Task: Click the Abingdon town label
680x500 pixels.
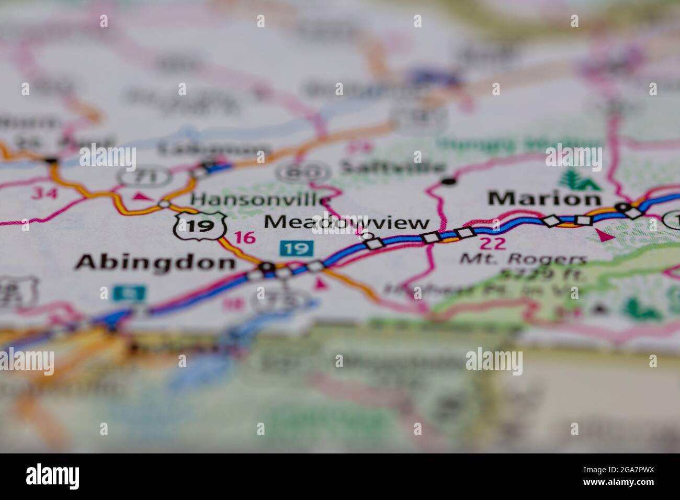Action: pyautogui.click(x=155, y=262)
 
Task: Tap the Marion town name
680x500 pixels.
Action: pyautogui.click(x=544, y=198)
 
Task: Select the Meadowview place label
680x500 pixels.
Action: pyautogui.click(x=346, y=222)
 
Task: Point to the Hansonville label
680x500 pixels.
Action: pyautogui.click(x=260, y=199)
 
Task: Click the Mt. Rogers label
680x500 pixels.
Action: pyautogui.click(x=523, y=258)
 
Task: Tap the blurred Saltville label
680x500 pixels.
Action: pyautogui.click(x=393, y=167)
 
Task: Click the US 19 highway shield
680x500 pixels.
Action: pyautogui.click(x=200, y=225)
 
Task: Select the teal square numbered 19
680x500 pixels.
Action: pyautogui.click(x=297, y=248)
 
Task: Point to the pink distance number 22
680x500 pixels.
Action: pyautogui.click(x=492, y=243)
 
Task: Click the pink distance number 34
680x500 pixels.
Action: pyautogui.click(x=43, y=193)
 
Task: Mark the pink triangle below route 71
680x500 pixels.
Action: pyautogui.click(x=140, y=196)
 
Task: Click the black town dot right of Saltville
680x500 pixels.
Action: pyautogui.click(x=448, y=181)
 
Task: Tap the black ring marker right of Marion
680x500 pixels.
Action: pyautogui.click(x=622, y=207)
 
